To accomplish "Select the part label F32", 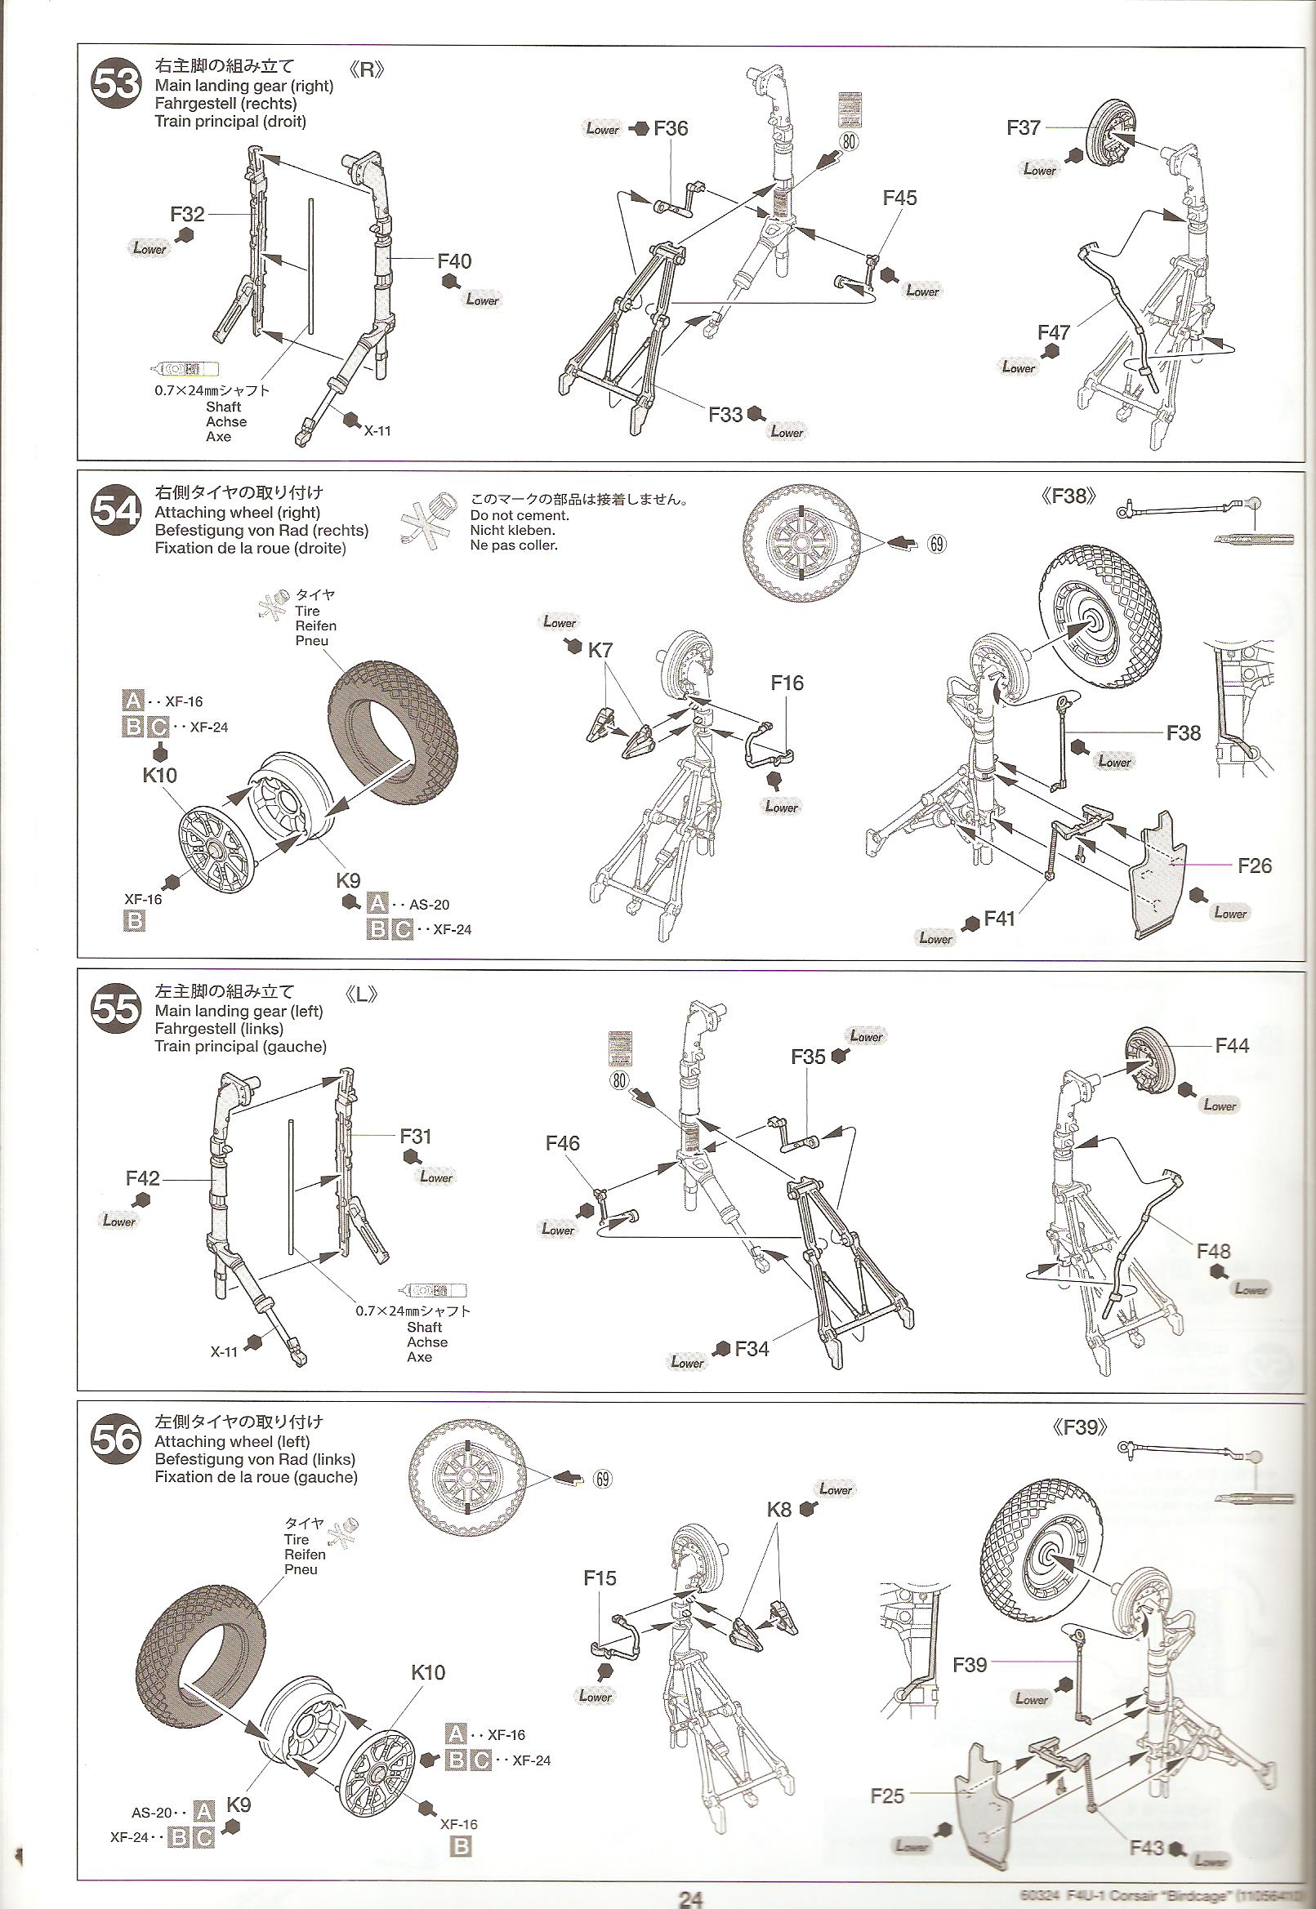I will point(187,214).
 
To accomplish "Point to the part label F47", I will point(1054,332).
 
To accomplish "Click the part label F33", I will point(725,415).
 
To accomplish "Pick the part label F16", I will point(787,683).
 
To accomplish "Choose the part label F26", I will point(1254,866).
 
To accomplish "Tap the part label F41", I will point(998,919).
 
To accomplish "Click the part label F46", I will point(562,1143).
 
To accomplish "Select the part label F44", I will point(1232,1046).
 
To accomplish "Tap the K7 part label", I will point(600,650).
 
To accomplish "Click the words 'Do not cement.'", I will point(519,515).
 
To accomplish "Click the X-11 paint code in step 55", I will point(224,1352).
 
